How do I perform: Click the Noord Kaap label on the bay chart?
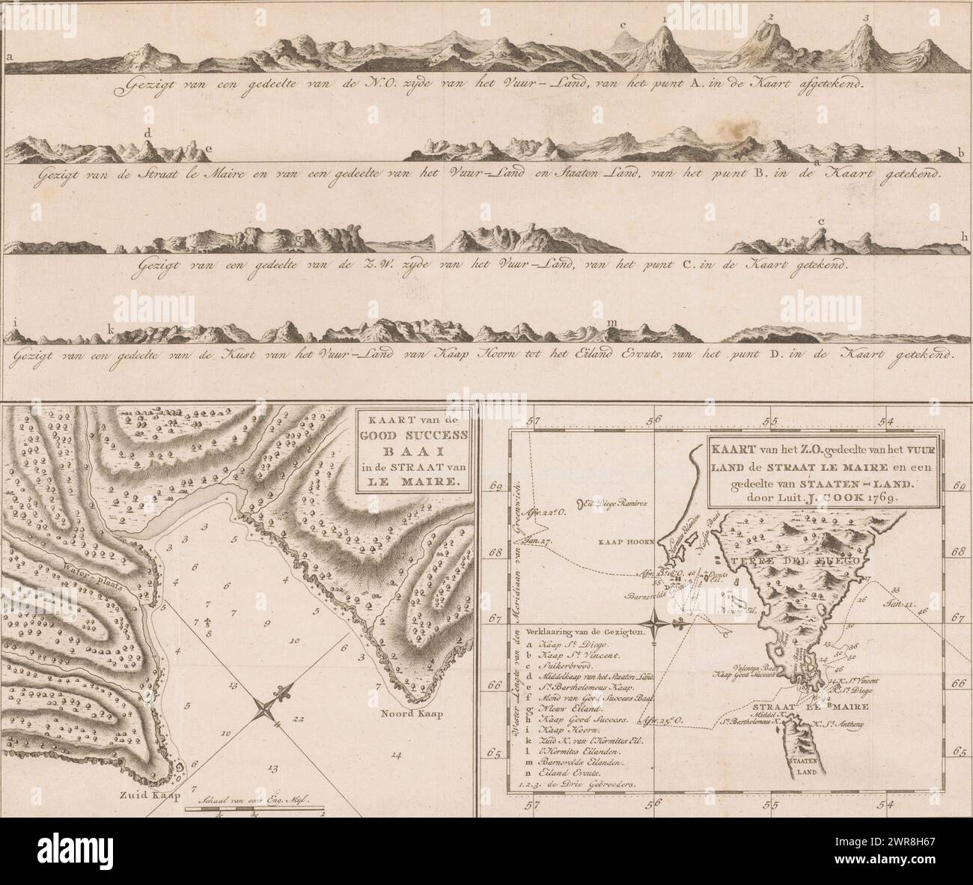coord(415,713)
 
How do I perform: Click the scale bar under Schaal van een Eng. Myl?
coord(254,810)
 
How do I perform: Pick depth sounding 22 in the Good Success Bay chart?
coord(299,719)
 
